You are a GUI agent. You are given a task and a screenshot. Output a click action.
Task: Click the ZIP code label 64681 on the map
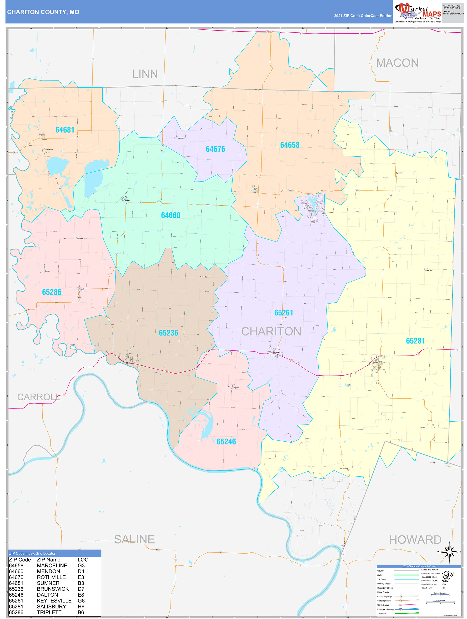point(65,130)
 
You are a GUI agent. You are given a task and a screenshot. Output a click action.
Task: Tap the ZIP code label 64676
point(215,149)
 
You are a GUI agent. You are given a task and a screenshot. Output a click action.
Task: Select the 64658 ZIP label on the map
point(290,145)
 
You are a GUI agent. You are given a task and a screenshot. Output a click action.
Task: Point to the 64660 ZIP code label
point(171,215)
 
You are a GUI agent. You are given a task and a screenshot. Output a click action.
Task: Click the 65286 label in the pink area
point(51,292)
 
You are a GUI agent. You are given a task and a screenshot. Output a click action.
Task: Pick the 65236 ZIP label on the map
point(168,333)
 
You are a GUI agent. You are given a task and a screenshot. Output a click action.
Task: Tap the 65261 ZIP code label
point(284,313)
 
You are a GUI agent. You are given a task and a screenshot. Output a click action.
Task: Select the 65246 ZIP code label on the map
point(226,442)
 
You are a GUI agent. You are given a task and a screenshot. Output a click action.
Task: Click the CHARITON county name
point(271,331)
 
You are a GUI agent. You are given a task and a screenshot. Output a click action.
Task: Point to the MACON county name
point(397,63)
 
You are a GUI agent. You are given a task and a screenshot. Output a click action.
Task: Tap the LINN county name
point(145,74)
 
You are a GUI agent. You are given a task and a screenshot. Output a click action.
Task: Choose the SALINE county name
point(134,539)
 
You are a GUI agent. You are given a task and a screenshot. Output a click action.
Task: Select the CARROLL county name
point(39,397)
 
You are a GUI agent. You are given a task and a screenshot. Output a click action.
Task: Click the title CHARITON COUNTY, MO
point(43,12)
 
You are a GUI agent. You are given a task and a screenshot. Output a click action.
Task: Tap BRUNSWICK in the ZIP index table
point(53,589)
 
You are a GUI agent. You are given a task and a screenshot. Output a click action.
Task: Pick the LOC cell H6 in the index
point(81,606)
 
